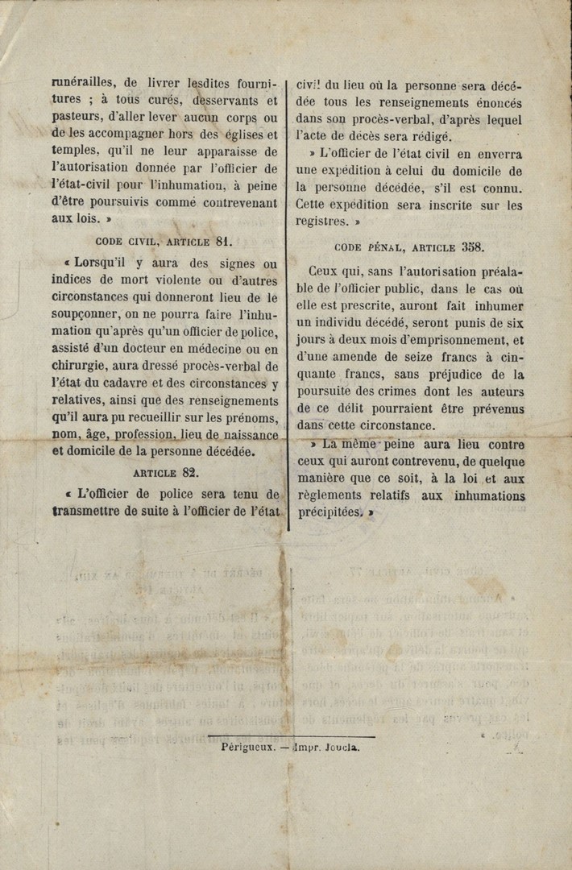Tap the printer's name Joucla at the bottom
tap(342, 747)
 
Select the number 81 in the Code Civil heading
tap(224, 240)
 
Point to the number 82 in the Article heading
tap(189, 474)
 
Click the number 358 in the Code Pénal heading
tap(470, 248)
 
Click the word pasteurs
tap(77, 118)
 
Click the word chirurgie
tap(81, 366)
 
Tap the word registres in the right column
tap(321, 221)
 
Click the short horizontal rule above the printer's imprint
tap(291, 735)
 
